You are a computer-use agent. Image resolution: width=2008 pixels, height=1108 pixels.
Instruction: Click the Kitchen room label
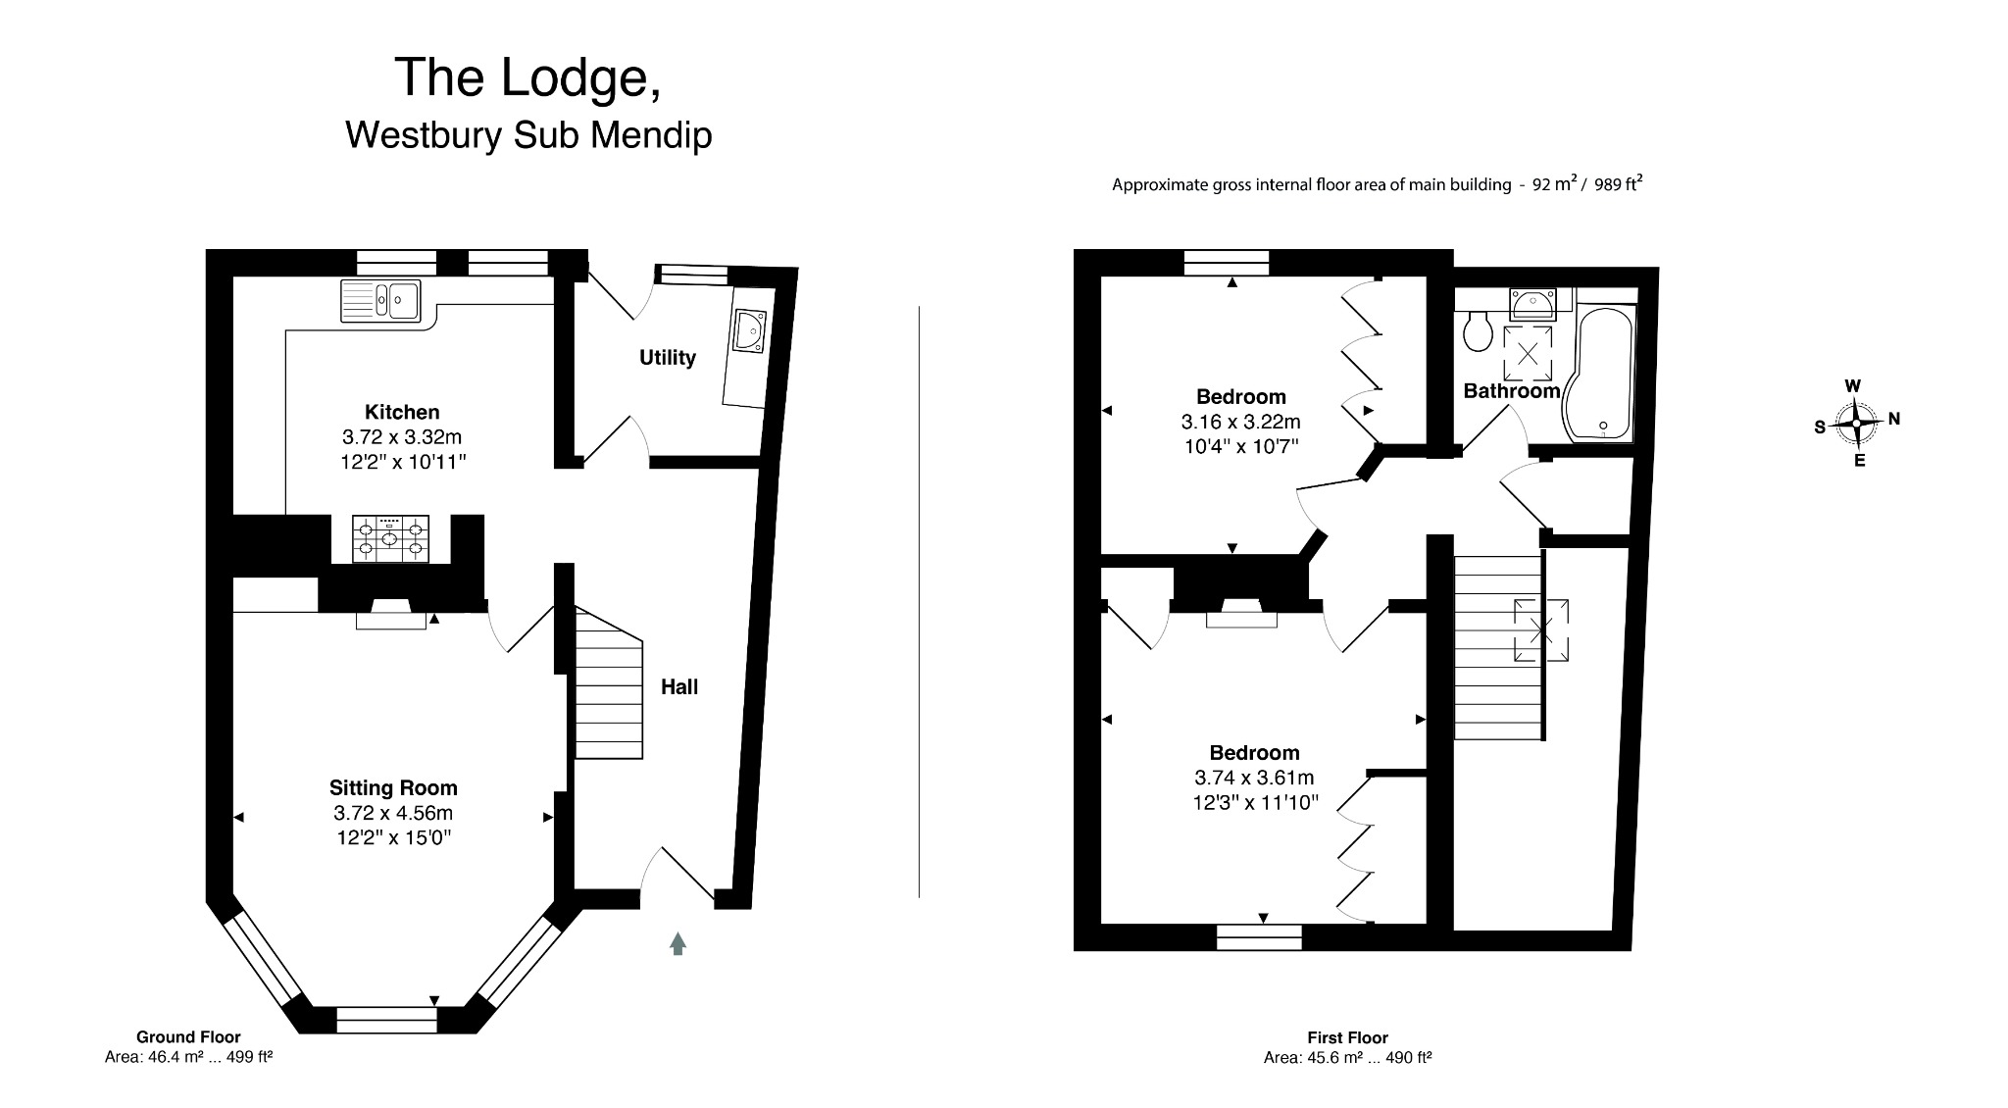[x=402, y=412]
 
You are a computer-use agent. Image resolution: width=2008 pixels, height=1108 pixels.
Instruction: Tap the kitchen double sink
[x=380, y=300]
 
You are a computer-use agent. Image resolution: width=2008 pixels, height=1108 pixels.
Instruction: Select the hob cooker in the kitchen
[x=390, y=539]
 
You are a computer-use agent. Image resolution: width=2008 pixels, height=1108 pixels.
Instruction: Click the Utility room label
[x=668, y=358]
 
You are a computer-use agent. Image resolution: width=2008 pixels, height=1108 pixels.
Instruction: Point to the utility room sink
[x=749, y=330]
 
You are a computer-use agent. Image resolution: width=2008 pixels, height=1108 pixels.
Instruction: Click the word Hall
[x=678, y=687]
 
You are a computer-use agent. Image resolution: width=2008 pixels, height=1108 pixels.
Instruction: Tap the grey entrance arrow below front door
[x=678, y=943]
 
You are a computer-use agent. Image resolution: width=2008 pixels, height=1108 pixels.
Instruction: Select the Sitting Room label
[x=393, y=787]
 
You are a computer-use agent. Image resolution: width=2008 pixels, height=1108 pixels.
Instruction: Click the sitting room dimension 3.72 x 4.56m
[x=393, y=813]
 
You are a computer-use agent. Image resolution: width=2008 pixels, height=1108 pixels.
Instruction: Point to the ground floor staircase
[x=608, y=686]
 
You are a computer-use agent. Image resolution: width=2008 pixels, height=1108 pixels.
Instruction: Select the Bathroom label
[x=1511, y=391]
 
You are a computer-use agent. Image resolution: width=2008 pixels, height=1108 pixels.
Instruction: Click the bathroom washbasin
[x=1532, y=304]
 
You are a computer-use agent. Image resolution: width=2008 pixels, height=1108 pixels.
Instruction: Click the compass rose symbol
[x=1856, y=424]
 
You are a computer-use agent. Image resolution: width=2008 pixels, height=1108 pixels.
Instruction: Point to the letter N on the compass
[x=1894, y=419]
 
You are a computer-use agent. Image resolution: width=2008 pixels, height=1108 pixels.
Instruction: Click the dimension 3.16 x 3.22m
[x=1240, y=423]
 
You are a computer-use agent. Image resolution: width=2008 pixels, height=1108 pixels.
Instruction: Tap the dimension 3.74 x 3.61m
[x=1254, y=779]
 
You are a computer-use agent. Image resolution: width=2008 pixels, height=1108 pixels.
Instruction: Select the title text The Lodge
[x=527, y=77]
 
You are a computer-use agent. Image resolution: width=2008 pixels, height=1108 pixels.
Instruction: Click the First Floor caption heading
[x=1347, y=1037]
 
